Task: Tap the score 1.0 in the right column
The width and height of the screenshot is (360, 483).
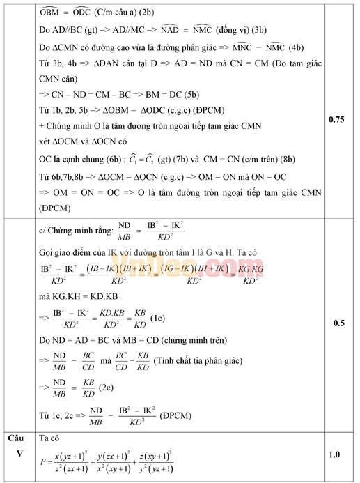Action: pos(335,455)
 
